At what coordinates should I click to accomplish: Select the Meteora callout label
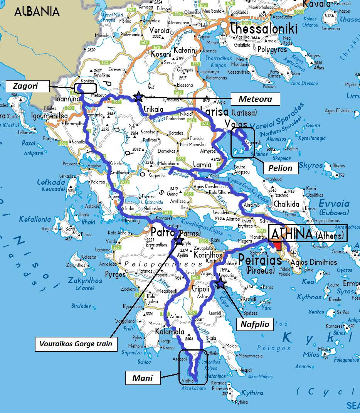[255, 99]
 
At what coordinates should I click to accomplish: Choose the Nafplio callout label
[255, 324]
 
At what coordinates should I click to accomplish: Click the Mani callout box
[142, 378]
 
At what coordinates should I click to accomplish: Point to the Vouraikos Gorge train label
[76, 344]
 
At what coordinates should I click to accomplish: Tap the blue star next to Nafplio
[220, 284]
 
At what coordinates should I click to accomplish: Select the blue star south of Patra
[179, 240]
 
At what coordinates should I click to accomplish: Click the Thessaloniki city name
[264, 29]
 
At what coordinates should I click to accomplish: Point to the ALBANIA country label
[37, 12]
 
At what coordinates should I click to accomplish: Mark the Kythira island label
[252, 393]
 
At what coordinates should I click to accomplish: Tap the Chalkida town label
[286, 204]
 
